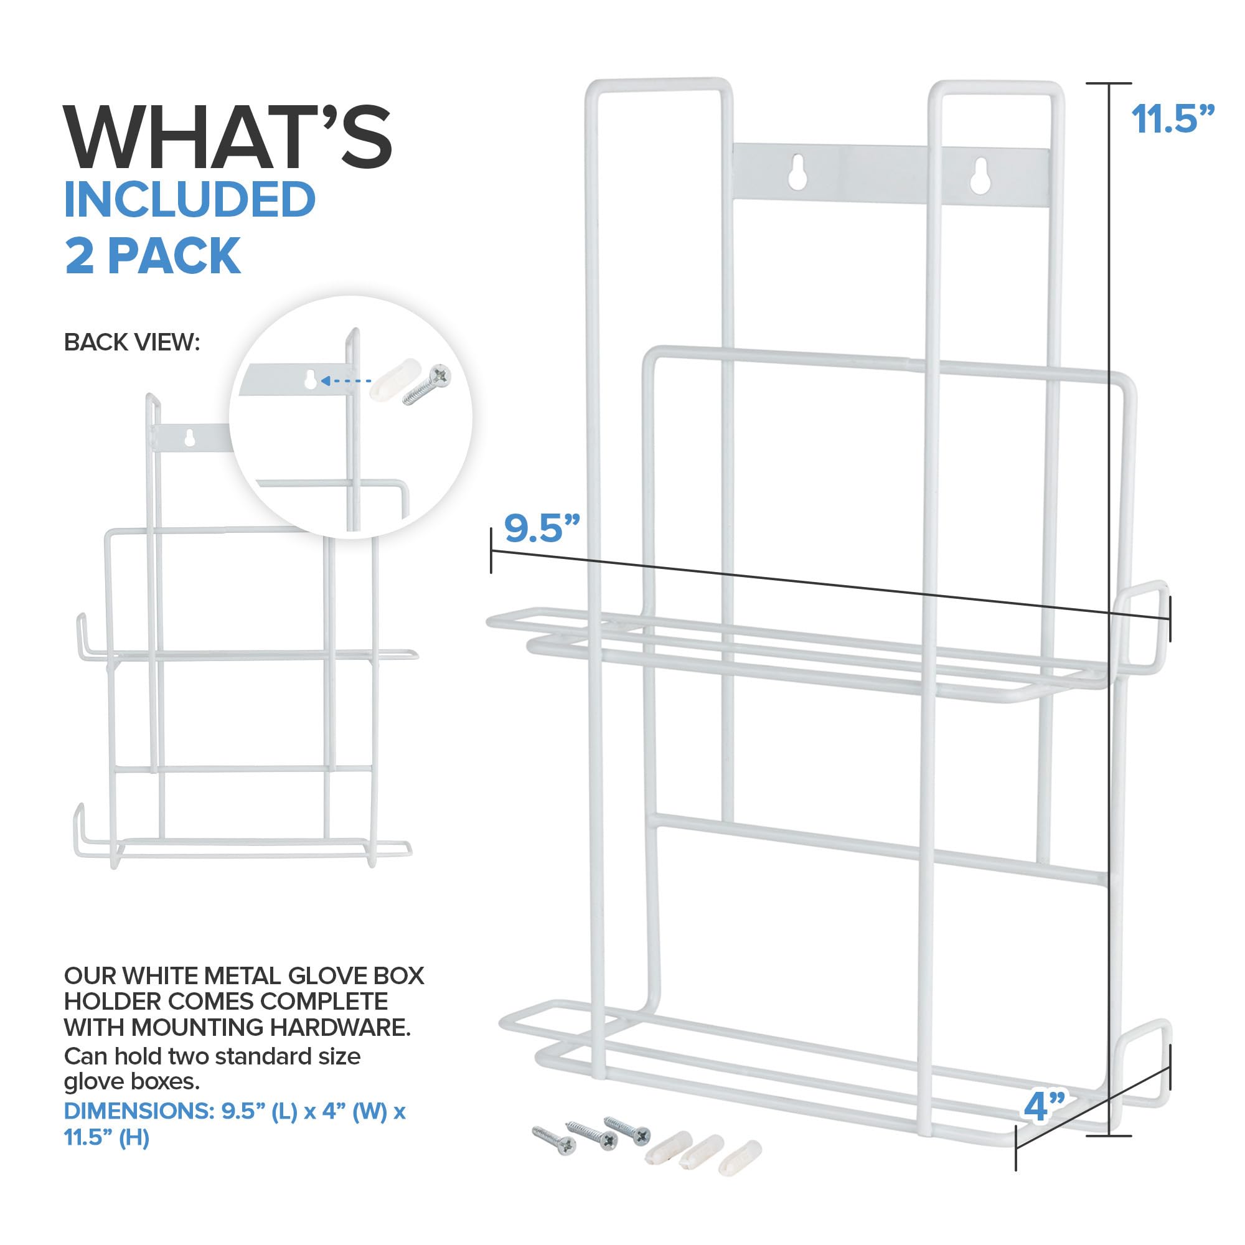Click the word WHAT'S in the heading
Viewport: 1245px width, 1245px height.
(x=227, y=136)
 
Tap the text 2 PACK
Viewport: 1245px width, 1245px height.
(x=153, y=256)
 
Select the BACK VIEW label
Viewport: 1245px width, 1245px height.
(x=132, y=342)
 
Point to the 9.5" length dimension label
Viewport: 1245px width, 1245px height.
(x=542, y=528)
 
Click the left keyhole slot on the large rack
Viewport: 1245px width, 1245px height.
(x=797, y=172)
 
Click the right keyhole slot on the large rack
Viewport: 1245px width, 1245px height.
(x=981, y=176)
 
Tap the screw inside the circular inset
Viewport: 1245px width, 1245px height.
(x=427, y=385)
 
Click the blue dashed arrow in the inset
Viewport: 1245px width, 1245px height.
(x=345, y=381)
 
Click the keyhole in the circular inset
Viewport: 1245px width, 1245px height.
(x=310, y=379)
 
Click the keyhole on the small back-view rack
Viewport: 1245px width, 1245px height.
(x=189, y=438)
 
